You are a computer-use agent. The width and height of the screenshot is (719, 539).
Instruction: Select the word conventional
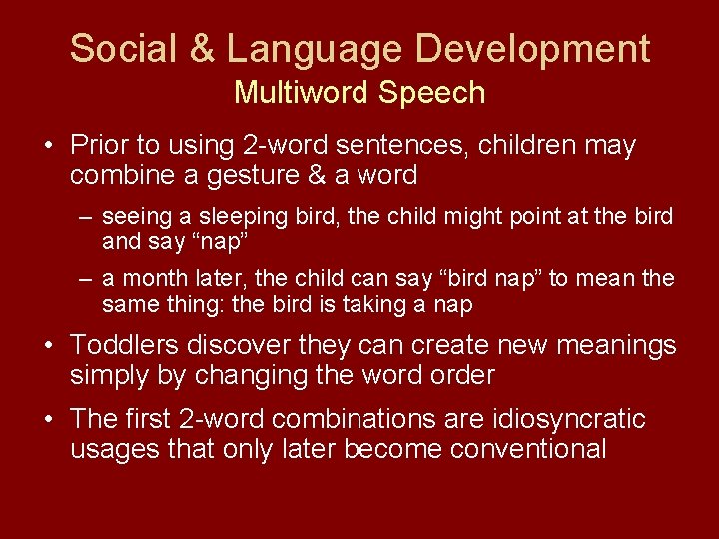[528, 449]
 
